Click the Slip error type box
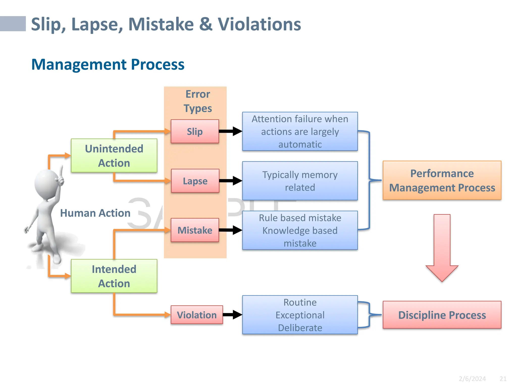(x=195, y=132)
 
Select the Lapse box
(x=195, y=181)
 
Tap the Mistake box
(x=195, y=230)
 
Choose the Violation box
(x=197, y=315)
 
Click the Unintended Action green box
(x=114, y=156)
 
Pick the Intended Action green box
(x=114, y=276)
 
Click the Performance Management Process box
(x=442, y=180)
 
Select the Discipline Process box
(x=442, y=315)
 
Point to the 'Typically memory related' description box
(x=300, y=181)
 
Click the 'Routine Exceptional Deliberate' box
(x=300, y=315)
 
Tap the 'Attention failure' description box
(x=300, y=132)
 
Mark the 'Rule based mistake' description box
(x=300, y=230)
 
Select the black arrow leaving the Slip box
(x=230, y=131)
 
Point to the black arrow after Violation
(x=232, y=314)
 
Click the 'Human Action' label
(x=95, y=213)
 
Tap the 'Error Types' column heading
(x=198, y=101)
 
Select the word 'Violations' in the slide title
(x=259, y=24)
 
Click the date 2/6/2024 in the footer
(x=472, y=379)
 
